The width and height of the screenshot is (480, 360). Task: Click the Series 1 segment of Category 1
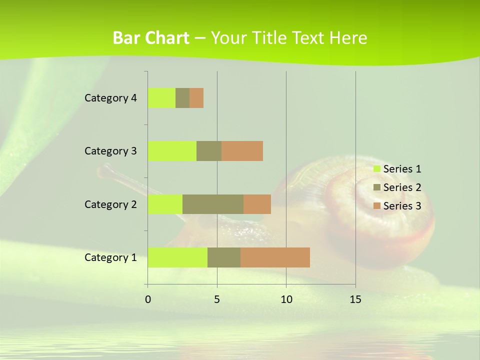coord(177,257)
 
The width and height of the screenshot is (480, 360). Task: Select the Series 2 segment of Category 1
coord(224,257)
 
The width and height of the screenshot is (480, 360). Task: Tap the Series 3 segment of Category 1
coord(275,257)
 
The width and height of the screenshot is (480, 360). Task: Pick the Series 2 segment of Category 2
coord(213,204)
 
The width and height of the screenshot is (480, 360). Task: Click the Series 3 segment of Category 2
coord(257,204)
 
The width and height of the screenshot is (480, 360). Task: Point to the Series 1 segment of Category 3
coord(172,151)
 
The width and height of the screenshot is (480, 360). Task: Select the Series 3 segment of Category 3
coord(242,151)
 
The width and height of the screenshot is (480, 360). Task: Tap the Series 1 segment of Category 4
coord(161,98)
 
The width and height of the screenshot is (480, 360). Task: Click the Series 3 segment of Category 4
coord(196,98)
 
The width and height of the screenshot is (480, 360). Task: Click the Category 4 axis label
coord(110,98)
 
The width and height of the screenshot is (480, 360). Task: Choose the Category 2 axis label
coord(110,204)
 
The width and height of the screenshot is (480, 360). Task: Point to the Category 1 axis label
coord(110,257)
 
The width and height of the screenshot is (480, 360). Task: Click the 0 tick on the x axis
coord(148,299)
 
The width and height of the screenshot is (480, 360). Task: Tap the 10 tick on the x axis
coord(286,299)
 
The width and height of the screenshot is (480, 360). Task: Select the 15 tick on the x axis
coord(355,299)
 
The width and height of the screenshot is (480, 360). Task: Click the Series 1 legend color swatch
coord(376,169)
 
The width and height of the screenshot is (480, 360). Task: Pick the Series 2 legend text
coord(402,187)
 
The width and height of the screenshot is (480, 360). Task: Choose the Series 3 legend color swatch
coord(376,206)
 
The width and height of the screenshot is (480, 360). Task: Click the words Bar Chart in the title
coord(151,38)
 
